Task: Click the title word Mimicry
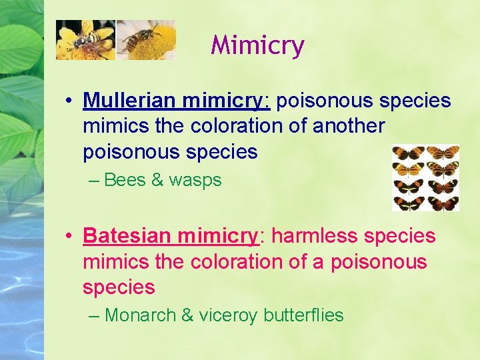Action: [257, 46]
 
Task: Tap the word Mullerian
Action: [129, 101]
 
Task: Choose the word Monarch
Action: [140, 315]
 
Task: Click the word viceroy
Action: [227, 315]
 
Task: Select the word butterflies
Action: [303, 315]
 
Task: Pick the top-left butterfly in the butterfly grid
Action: [408, 153]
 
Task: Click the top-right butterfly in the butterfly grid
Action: [443, 153]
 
